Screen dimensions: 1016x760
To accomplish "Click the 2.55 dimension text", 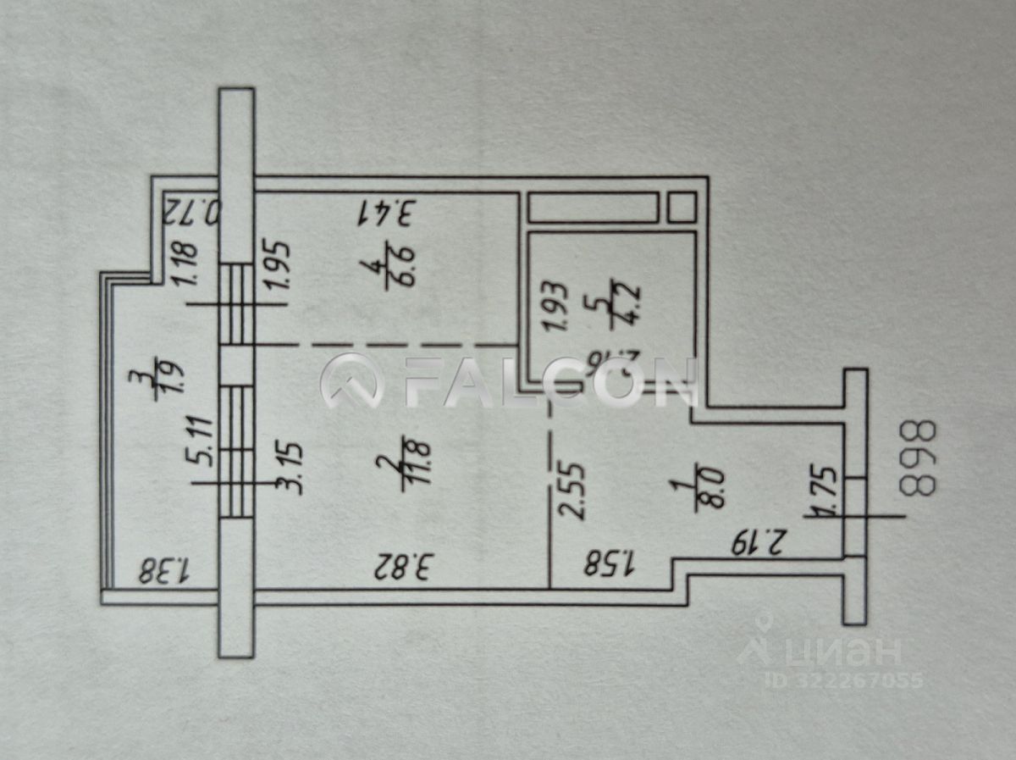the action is point(571,488).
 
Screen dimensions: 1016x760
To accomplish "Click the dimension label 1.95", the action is point(281,266).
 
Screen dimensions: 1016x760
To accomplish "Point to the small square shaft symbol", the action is point(682,207).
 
